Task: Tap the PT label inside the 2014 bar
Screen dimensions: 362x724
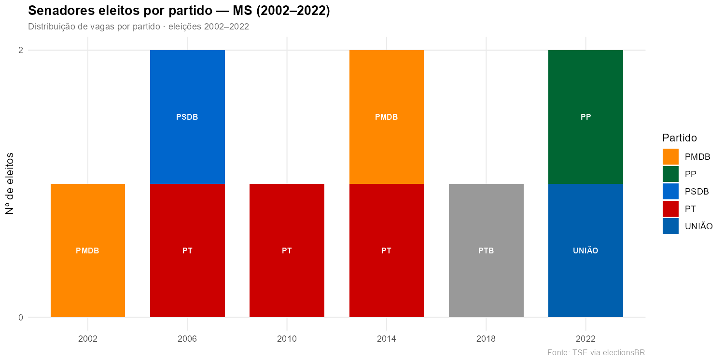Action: (386, 251)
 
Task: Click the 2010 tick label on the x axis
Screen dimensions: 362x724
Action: (287, 339)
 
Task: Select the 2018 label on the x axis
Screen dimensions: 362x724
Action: (486, 339)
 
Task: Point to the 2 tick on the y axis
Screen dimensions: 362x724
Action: (21, 50)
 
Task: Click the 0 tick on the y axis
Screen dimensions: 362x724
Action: (21, 318)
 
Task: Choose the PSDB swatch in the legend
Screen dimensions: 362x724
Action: (670, 191)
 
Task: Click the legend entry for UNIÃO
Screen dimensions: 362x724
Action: (698, 226)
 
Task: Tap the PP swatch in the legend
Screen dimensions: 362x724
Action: (670, 174)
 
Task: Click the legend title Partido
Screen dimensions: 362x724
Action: (680, 138)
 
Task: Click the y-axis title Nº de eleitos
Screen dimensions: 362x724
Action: (10, 183)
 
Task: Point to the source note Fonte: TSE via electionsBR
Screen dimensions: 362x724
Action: (596, 352)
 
